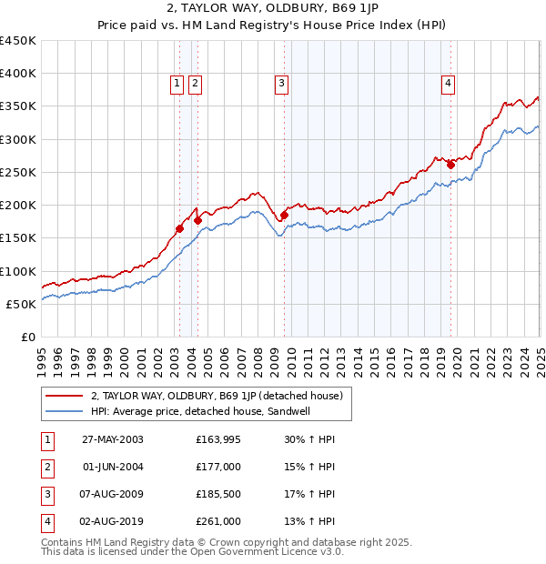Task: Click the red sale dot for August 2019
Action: coord(450,165)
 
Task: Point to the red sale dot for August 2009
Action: coord(284,215)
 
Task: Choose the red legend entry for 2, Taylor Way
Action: coord(217,397)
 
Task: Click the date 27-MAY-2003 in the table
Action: coord(113,439)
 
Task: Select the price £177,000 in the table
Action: coord(218,467)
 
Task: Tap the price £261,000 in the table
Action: coord(218,521)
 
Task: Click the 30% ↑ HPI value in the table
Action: coord(308,439)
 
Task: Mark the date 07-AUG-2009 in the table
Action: coord(113,494)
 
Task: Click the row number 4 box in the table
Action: coord(46,521)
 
